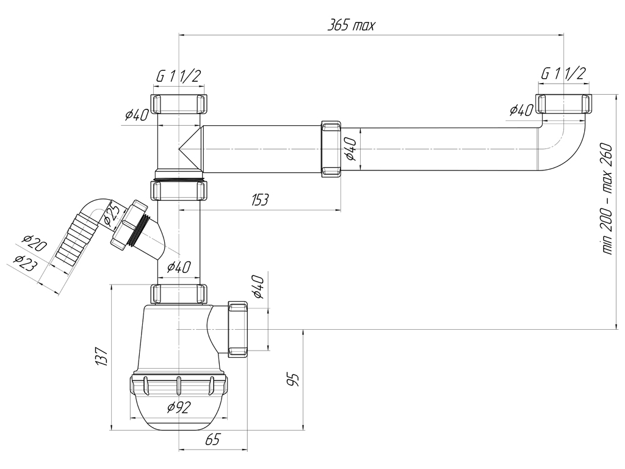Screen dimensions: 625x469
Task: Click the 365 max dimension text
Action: point(351,26)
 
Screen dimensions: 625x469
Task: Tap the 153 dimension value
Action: point(259,200)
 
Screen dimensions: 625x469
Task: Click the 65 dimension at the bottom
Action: point(212,440)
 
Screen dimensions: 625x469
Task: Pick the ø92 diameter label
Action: point(179,407)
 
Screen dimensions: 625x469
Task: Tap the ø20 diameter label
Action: point(35,243)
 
